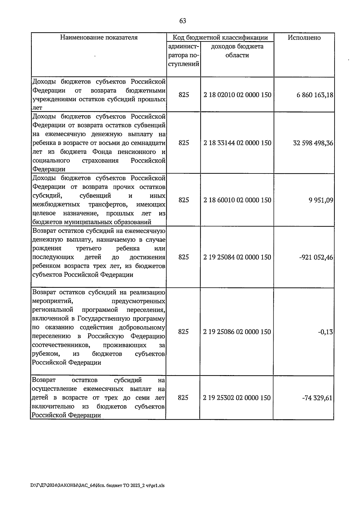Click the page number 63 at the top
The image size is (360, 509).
coord(182,21)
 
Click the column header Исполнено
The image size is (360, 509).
coord(304,38)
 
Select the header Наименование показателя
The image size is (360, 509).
coord(99,38)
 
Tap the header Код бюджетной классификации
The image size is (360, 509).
coord(220,38)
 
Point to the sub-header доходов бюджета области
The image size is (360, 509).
coord(237,51)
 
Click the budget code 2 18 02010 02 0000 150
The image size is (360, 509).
coord(237,95)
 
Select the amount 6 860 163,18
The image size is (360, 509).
coord(315,95)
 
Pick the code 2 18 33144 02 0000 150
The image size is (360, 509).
coord(237,143)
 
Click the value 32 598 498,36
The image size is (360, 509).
coord(313,143)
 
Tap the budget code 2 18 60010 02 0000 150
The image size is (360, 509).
coord(237,200)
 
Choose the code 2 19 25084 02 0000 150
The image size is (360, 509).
coord(237,257)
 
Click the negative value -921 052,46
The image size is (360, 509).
coord(316,258)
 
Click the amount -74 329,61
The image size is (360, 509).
coord(317,398)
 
